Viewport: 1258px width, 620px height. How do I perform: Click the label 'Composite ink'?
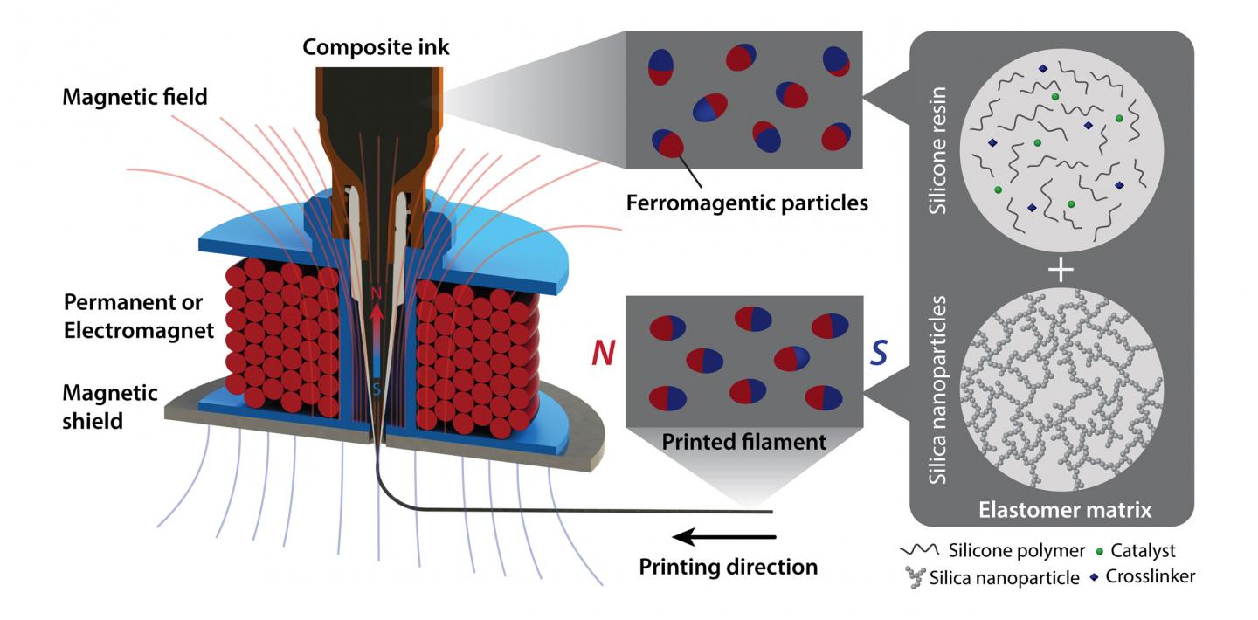coord(377,47)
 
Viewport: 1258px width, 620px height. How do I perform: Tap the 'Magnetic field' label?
coord(135,96)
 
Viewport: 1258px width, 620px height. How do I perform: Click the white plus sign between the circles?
coord(1061,270)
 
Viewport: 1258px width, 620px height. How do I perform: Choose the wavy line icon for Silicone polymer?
coord(919,551)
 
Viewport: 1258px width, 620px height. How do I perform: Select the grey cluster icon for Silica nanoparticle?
coord(915,575)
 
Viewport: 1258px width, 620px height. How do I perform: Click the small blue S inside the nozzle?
coord(377,389)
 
